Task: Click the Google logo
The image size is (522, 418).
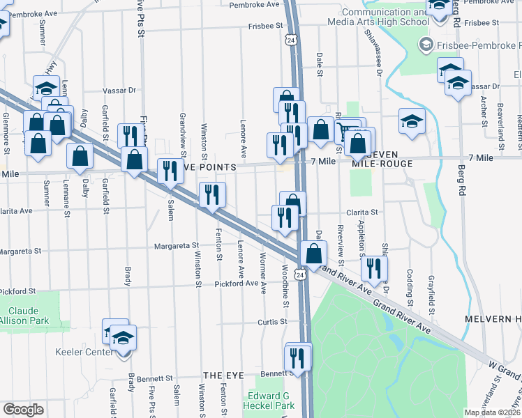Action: coord(23,410)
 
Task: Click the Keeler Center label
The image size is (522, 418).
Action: coord(87,352)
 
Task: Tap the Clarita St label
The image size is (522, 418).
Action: coord(362,212)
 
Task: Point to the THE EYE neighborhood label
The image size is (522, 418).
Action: coord(223,376)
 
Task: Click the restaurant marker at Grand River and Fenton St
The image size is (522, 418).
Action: coord(211,195)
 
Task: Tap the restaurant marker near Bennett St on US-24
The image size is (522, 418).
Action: coord(297,358)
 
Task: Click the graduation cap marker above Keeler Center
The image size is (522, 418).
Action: coord(124,338)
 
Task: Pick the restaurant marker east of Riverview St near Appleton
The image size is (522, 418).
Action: coord(375,268)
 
